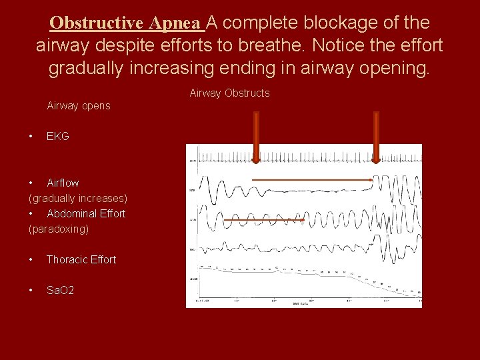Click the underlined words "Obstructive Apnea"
tap(127, 23)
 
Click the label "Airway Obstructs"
tap(229, 93)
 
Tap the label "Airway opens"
tap(78, 106)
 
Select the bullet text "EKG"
tap(58, 136)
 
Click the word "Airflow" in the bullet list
tap(63, 183)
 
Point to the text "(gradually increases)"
tap(78, 198)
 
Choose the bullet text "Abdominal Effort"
tap(86, 213)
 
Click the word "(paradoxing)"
tap(59, 229)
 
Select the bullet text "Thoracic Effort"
tap(81, 259)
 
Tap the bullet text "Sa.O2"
tap(60, 291)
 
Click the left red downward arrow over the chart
tap(255, 137)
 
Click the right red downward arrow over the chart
tap(376, 137)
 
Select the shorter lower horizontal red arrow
tap(263, 220)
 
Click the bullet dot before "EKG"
tap(31, 136)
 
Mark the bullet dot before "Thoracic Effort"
tap(31, 259)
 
